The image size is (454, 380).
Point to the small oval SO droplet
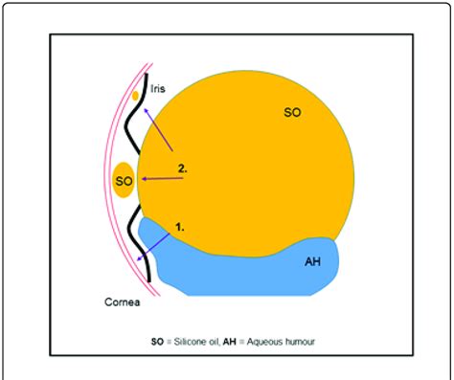[x=124, y=180]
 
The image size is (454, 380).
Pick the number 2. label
[x=182, y=169]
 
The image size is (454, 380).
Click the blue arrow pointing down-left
[x=154, y=245]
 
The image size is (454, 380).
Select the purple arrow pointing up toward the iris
[x=158, y=129]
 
